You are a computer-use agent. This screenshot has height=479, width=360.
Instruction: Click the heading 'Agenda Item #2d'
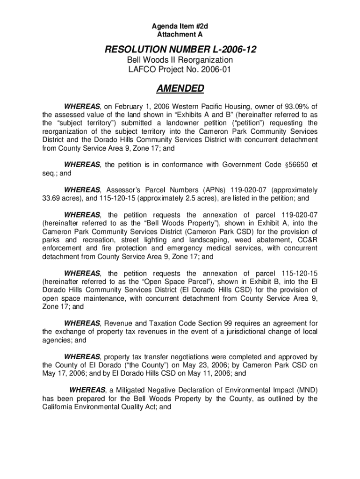(x=180, y=27)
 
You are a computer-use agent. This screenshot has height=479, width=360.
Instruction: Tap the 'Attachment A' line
(x=180, y=35)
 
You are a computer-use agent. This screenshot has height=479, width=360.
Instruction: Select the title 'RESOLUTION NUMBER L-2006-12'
(x=180, y=50)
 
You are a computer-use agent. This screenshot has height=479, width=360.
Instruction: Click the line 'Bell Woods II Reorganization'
(x=180, y=60)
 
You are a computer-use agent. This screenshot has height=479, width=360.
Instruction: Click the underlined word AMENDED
(x=180, y=89)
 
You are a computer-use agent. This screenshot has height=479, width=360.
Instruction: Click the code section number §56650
(x=296, y=165)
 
